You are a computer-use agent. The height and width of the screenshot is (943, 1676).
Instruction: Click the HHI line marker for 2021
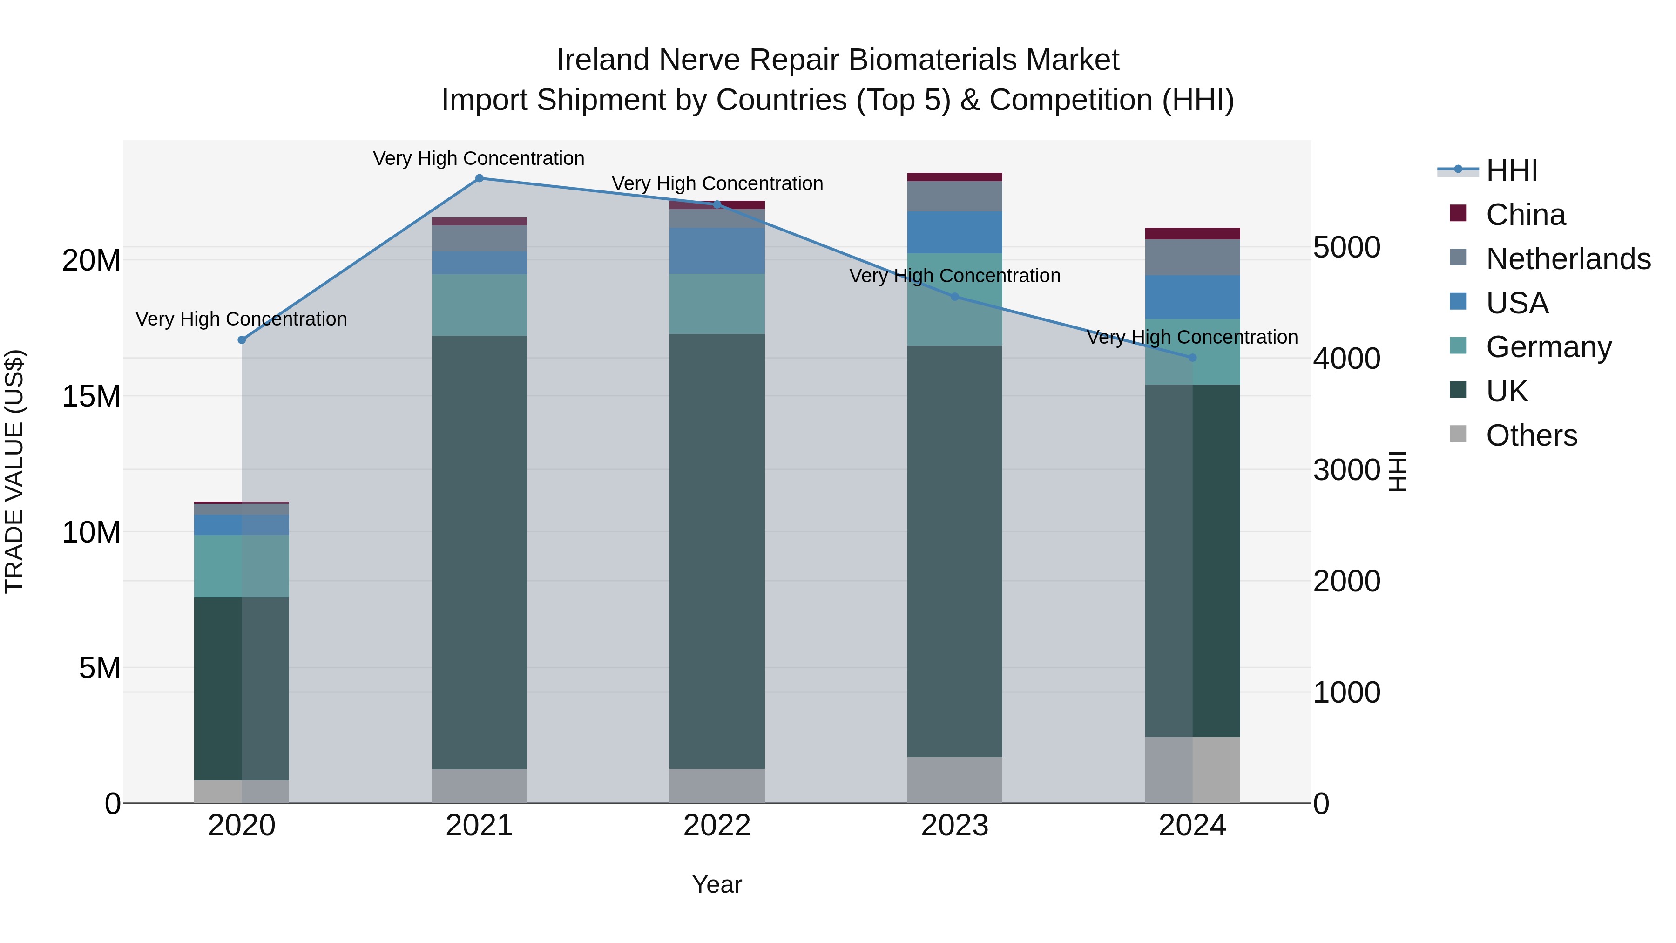(x=480, y=178)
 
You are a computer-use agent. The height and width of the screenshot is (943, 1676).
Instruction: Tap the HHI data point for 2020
(x=242, y=340)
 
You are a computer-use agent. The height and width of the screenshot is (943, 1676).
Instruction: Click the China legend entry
(x=1525, y=215)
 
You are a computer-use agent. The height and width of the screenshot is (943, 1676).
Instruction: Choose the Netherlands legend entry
(x=1568, y=259)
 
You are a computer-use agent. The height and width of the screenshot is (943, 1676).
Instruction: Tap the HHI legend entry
(x=1511, y=170)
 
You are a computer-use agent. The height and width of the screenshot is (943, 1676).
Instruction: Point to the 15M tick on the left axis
(x=91, y=396)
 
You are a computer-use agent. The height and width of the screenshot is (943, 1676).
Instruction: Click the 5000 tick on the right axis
(x=1346, y=247)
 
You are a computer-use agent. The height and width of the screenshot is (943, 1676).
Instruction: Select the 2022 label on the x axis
(x=717, y=826)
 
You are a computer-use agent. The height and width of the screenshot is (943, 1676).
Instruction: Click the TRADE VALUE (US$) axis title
(x=14, y=471)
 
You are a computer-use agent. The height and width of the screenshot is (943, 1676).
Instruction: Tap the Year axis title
(x=717, y=884)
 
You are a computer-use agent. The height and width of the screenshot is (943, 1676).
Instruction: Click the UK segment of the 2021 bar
(x=480, y=553)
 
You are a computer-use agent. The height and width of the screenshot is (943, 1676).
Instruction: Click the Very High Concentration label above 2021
(x=479, y=159)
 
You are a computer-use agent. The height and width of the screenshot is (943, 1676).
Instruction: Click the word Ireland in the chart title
(x=603, y=61)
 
